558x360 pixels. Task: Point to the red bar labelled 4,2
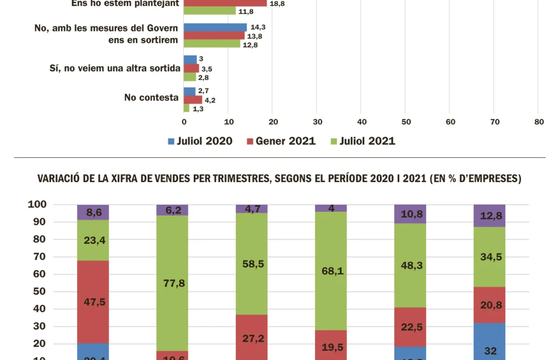point(193,100)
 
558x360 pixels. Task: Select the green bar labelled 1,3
point(186,108)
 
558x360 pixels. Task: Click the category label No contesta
point(151,97)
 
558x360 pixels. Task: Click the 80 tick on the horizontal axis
point(539,122)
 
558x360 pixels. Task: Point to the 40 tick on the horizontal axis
point(361,122)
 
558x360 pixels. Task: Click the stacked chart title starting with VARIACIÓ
point(280,179)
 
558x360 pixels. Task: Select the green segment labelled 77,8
point(172,283)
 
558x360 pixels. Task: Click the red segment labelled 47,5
point(93,302)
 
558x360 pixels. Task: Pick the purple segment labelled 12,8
point(490,215)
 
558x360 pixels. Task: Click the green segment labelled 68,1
point(331,271)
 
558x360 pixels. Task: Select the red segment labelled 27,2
point(252,337)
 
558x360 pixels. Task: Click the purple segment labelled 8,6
point(93,212)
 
